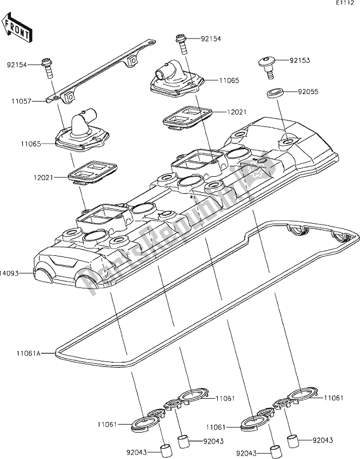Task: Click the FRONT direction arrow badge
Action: click(x=17, y=29)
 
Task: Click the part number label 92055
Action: click(x=308, y=91)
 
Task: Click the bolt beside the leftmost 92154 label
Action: click(x=48, y=68)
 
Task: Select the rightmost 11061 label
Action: click(x=335, y=397)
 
